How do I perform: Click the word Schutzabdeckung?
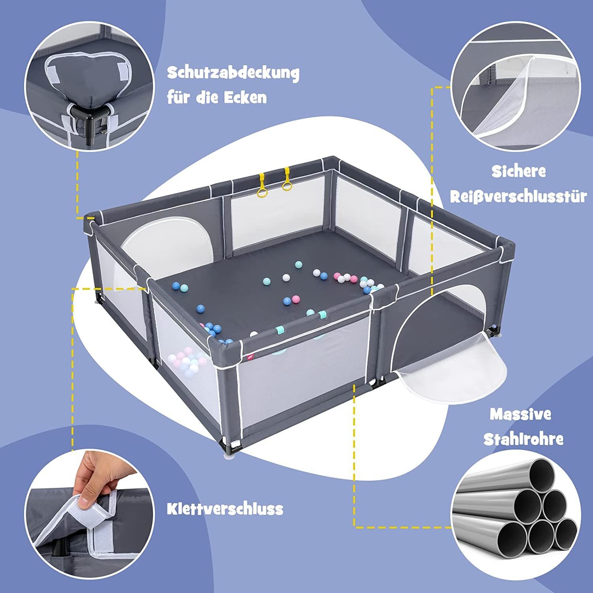(x=233, y=73)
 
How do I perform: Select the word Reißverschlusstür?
(x=518, y=196)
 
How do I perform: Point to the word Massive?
(x=520, y=414)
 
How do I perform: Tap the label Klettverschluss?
(x=225, y=509)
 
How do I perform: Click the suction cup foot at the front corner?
(x=230, y=457)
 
